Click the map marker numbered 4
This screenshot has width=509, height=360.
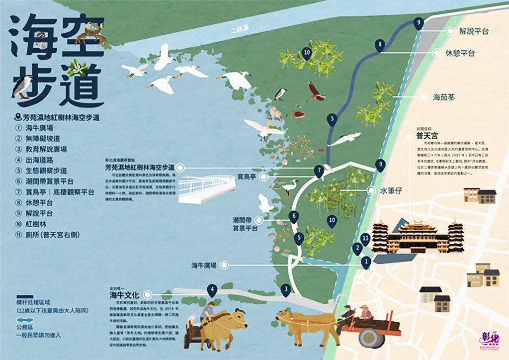pyautogui.click(x=212, y=289)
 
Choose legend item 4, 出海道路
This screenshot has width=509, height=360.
pyautogui.click(x=43, y=159)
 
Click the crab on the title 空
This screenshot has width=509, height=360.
pyautogui.click(x=90, y=35)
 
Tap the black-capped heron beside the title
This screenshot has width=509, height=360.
pyautogui.click(x=25, y=87)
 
